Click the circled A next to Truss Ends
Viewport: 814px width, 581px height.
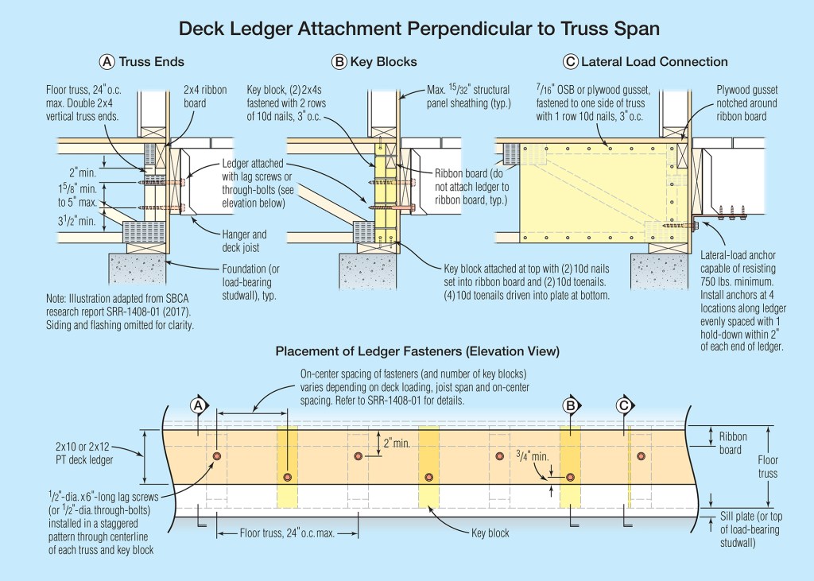point(107,61)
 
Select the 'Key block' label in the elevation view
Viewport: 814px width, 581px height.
point(490,533)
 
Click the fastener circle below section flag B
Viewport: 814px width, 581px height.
point(570,478)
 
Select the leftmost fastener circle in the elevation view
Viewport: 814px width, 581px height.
point(216,455)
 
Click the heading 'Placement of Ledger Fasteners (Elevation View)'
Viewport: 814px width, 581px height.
point(417,351)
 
